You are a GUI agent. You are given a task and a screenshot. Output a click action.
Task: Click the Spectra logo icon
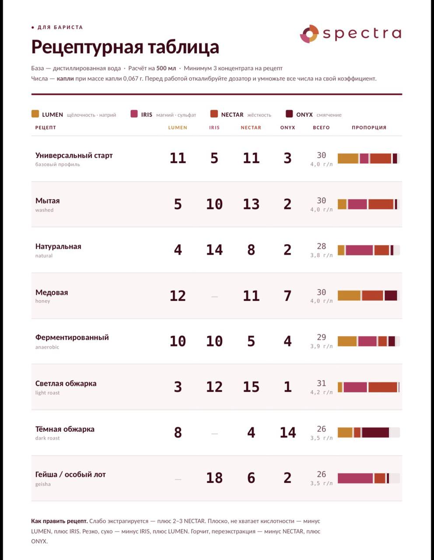click(309, 34)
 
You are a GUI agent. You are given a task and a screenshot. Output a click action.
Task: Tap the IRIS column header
click(214, 128)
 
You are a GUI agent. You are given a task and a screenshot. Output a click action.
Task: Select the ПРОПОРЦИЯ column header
click(369, 128)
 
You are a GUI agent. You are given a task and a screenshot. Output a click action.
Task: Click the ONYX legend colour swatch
click(289, 114)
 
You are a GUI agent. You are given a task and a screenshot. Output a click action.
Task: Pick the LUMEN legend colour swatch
click(35, 114)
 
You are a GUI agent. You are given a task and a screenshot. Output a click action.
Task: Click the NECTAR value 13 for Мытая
click(251, 204)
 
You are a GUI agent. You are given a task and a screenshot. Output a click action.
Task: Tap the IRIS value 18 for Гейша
click(214, 478)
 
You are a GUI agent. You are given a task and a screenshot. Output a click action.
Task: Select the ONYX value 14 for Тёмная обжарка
click(287, 432)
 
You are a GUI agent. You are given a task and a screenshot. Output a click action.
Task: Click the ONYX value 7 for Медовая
click(287, 296)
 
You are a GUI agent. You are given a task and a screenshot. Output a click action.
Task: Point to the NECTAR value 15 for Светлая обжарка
click(251, 387)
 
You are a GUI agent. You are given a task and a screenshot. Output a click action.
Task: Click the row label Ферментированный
click(72, 338)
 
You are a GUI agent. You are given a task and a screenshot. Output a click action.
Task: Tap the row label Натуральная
click(58, 247)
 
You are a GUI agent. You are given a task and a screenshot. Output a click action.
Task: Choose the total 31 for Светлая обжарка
click(322, 383)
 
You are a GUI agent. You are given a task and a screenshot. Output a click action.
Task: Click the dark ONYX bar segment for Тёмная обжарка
click(375, 432)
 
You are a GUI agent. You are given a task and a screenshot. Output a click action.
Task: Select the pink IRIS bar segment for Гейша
click(355, 478)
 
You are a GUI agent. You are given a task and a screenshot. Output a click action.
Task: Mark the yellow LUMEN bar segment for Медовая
click(349, 296)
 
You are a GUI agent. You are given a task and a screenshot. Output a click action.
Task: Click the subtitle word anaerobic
click(47, 347)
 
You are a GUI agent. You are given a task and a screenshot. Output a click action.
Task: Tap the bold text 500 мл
click(166, 68)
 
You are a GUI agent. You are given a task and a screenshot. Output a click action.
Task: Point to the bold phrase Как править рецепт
click(59, 521)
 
